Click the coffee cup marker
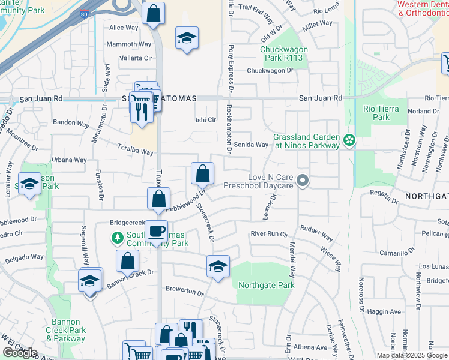156,231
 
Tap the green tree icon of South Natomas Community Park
117,239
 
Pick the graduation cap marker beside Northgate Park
218,266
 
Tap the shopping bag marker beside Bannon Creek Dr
128,261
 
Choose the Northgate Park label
267,285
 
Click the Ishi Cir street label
206,119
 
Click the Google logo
20,353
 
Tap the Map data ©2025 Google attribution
412,355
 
